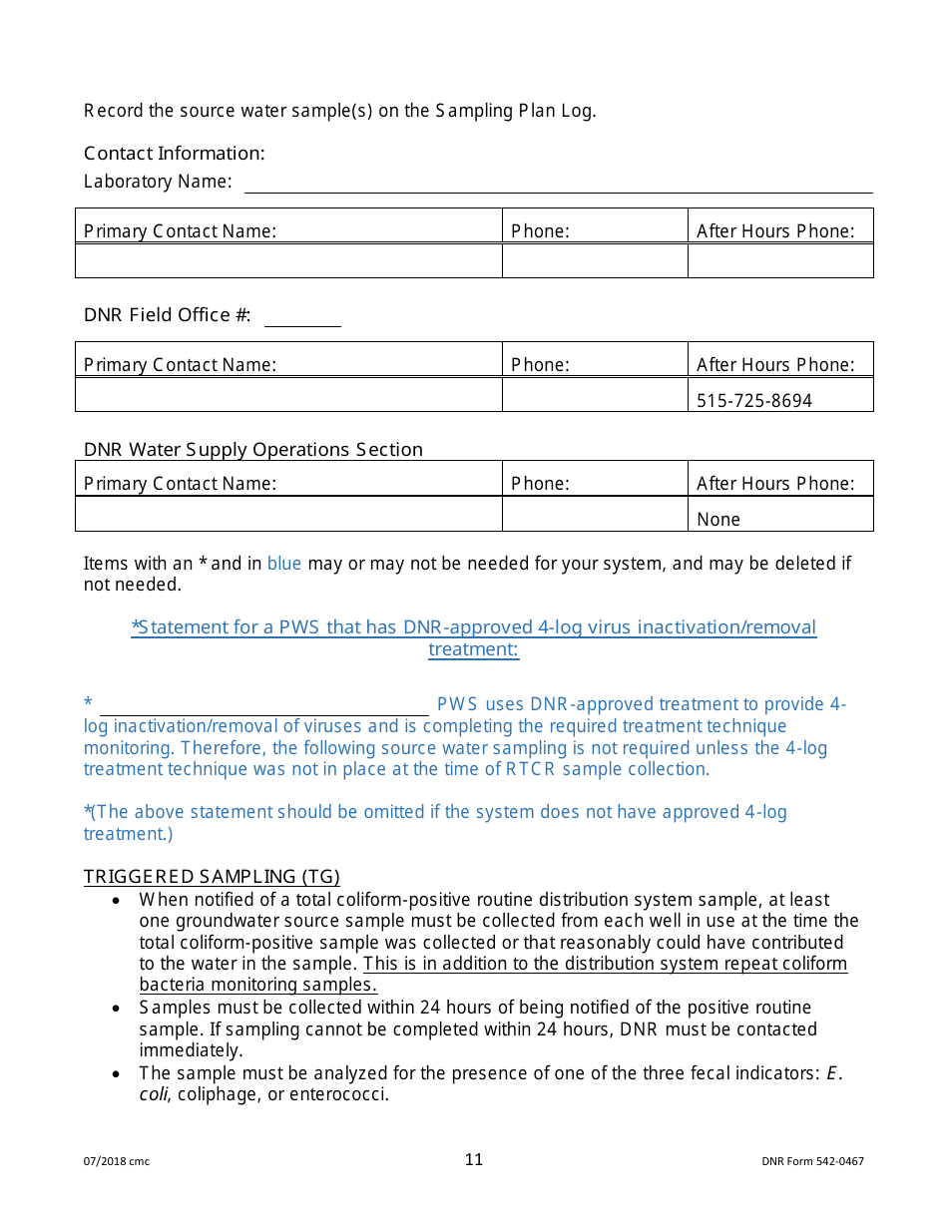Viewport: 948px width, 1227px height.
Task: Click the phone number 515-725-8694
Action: pos(753,400)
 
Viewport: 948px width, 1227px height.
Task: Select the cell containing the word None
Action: pos(779,515)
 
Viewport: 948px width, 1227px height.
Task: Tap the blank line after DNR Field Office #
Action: pos(302,320)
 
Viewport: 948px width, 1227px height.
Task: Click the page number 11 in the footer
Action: pos(473,1159)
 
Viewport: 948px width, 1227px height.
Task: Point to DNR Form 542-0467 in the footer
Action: pos(812,1161)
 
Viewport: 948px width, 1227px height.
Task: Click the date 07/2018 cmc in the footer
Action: pos(117,1161)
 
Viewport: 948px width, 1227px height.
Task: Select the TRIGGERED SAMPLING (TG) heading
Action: pos(212,877)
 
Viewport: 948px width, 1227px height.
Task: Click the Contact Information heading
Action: pos(175,153)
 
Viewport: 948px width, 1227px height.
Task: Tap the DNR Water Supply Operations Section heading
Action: pos(253,450)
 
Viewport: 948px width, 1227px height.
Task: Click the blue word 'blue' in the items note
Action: pos(284,564)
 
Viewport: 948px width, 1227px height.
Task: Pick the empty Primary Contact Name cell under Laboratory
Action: pos(288,260)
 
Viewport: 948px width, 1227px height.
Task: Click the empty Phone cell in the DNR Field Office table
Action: pos(594,394)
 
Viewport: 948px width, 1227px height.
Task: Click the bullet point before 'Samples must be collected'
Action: pos(118,1008)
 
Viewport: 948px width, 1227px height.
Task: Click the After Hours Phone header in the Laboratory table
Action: pos(775,231)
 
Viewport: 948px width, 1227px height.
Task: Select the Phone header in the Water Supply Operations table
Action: pos(540,484)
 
